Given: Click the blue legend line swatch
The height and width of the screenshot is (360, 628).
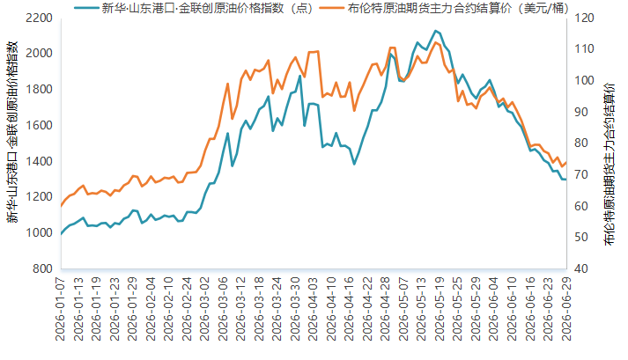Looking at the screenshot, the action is click(x=86, y=8).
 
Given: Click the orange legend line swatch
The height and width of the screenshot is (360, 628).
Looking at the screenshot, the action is click(x=332, y=8).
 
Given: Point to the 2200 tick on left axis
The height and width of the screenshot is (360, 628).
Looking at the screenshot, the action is click(x=39, y=18).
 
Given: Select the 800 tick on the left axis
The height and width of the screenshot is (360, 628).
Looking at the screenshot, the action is click(x=42, y=268).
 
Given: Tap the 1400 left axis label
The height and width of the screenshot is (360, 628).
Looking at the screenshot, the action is click(x=39, y=161).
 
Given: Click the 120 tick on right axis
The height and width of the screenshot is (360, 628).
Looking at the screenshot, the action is click(x=584, y=18).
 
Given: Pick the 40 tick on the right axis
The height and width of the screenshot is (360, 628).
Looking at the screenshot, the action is click(x=580, y=268).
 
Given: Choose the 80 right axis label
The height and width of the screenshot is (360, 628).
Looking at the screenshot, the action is click(x=580, y=143).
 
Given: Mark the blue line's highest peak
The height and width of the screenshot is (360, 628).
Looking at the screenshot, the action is click(x=435, y=31).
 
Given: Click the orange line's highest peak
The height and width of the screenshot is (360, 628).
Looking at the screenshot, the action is click(x=436, y=42).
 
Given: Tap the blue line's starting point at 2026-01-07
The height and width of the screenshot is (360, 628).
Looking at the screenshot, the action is click(x=62, y=234).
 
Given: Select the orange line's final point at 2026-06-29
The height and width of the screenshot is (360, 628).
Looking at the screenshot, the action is click(x=566, y=162).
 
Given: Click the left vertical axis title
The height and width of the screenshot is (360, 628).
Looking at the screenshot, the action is click(x=12, y=132).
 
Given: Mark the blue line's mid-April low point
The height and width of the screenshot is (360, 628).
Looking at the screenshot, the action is click(x=354, y=164).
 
